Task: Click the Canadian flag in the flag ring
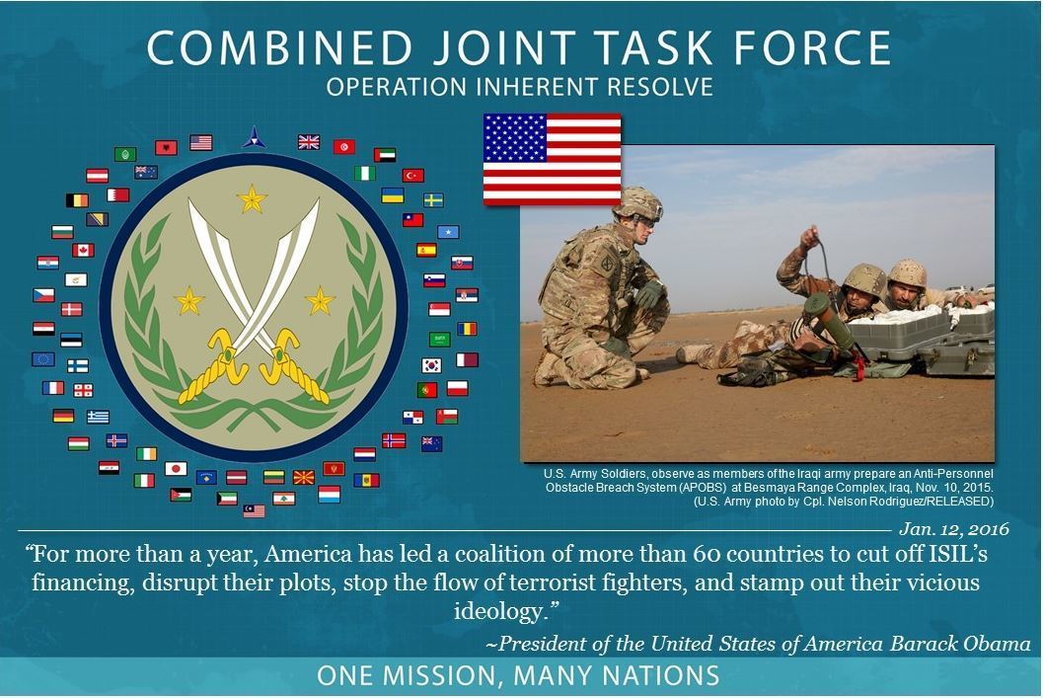[x=83, y=250]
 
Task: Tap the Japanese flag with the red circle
[x=176, y=468]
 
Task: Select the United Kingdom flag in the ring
[x=309, y=142]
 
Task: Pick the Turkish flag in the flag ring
[x=412, y=176]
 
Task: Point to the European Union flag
[x=42, y=358]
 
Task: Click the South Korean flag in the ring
[x=431, y=364]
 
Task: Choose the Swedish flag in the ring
[x=433, y=200]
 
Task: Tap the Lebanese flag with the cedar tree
[x=284, y=498]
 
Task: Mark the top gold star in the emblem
[x=253, y=200]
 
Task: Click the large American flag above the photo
[x=552, y=158]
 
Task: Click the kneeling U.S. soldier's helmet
[x=636, y=202]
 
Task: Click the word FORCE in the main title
[x=810, y=49]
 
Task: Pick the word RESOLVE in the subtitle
[x=661, y=88]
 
